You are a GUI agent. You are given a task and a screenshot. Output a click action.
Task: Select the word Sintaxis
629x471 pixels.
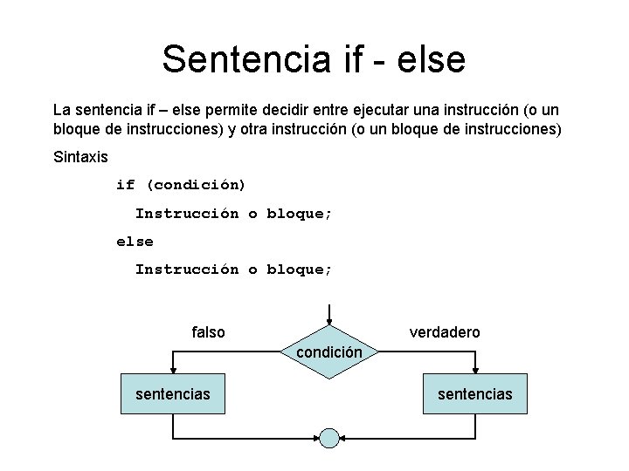[x=80, y=158]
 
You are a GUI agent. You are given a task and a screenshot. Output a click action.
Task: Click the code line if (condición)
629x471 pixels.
[x=181, y=185]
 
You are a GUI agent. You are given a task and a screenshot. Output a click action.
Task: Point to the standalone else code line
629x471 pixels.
[x=135, y=241]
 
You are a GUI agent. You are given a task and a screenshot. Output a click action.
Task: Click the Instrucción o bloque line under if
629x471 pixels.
[x=233, y=213]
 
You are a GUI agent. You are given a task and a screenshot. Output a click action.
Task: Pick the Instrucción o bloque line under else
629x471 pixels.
[x=233, y=269]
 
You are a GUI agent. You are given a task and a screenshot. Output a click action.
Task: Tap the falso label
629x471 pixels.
[x=208, y=332]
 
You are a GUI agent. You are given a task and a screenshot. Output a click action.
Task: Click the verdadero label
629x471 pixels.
[x=445, y=332]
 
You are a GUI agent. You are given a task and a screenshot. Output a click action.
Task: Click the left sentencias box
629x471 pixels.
[x=173, y=394]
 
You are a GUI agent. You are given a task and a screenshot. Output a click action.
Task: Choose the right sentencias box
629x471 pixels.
[x=475, y=394]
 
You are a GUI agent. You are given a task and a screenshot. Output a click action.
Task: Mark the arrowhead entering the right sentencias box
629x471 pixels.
[x=475, y=372]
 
